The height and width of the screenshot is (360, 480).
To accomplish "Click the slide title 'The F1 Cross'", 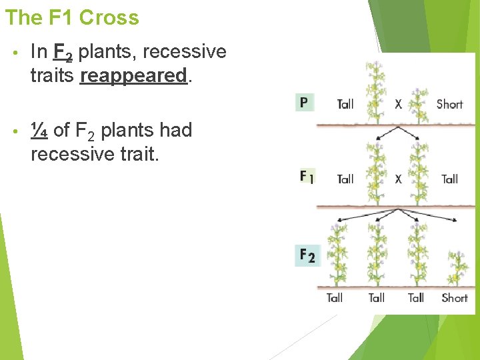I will [x=72, y=17].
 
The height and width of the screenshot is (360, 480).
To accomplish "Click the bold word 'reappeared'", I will [x=133, y=75].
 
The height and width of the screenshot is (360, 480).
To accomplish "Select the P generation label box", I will [x=304, y=103].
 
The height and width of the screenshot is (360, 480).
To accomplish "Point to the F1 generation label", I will [x=307, y=177].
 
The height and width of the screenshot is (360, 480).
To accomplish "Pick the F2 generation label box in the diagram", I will [x=307, y=255].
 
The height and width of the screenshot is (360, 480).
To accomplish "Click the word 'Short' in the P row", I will [x=449, y=104].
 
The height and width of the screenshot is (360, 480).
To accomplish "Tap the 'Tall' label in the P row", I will [x=345, y=104].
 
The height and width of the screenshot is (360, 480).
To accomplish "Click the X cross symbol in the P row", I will [x=398, y=104].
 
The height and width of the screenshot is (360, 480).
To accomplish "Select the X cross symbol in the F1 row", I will [x=398, y=179].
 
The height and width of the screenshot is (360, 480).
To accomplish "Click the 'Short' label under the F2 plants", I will [x=455, y=298].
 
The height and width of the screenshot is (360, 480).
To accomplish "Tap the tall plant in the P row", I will [x=375, y=90].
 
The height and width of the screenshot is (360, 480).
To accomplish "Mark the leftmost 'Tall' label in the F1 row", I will [x=345, y=179].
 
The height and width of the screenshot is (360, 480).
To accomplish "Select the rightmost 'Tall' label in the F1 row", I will [x=449, y=179].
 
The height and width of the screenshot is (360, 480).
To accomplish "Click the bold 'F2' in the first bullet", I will [x=62, y=52].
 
